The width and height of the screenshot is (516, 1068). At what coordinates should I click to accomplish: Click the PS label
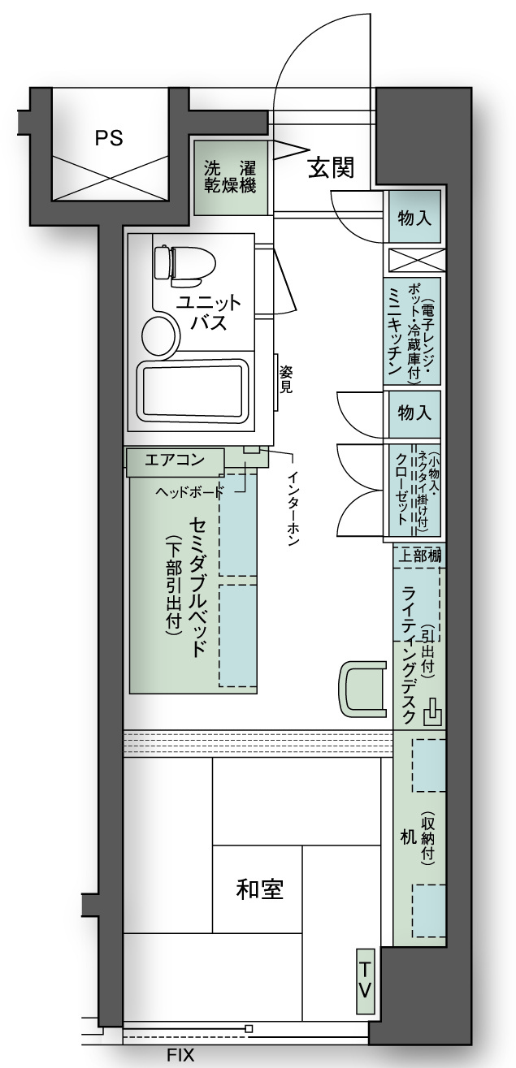point(109,138)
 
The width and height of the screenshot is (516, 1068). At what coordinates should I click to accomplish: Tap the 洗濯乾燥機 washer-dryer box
point(230,177)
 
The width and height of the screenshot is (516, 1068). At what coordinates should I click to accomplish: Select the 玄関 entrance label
point(331,167)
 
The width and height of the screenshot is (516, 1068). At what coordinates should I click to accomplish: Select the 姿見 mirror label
point(286,379)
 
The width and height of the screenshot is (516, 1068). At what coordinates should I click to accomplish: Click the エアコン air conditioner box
point(175,461)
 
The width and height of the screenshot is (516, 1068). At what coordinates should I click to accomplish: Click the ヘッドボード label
point(189,491)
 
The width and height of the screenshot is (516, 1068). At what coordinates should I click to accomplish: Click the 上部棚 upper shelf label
point(419,556)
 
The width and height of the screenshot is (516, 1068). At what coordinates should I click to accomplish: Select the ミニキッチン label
point(395,333)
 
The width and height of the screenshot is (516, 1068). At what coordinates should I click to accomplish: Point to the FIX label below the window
point(180,1055)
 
